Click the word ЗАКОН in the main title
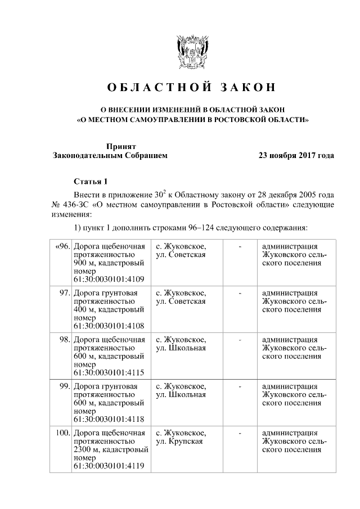(247, 88)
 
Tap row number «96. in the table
(62, 246)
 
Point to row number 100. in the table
(62, 433)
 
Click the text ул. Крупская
(180, 442)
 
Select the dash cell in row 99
(240, 386)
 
